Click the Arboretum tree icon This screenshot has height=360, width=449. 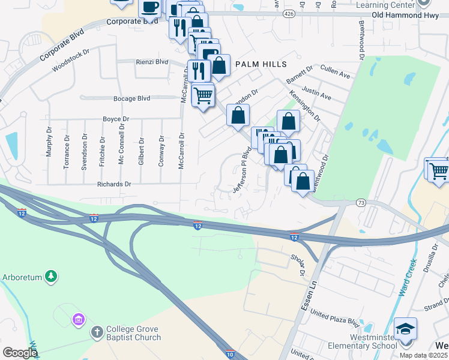click(52, 276)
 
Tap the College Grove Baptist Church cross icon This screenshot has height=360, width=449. click(97, 332)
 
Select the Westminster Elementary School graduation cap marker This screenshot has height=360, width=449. click(405, 330)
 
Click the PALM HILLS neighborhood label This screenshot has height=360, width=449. click(261, 64)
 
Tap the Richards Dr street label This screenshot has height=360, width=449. click(114, 184)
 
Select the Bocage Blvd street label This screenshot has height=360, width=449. click(131, 98)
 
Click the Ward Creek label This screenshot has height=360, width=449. click(407, 277)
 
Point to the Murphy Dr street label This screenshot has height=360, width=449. click(49, 142)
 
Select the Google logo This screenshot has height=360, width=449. click(20, 352)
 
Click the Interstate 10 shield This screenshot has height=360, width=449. click(231, 355)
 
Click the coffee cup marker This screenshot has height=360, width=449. click(150, 7)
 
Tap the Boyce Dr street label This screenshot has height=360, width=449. click(116, 119)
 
